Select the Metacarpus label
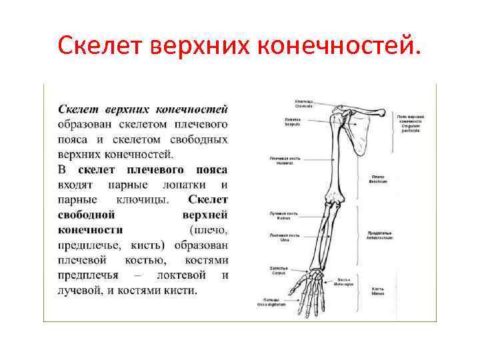[344, 281]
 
